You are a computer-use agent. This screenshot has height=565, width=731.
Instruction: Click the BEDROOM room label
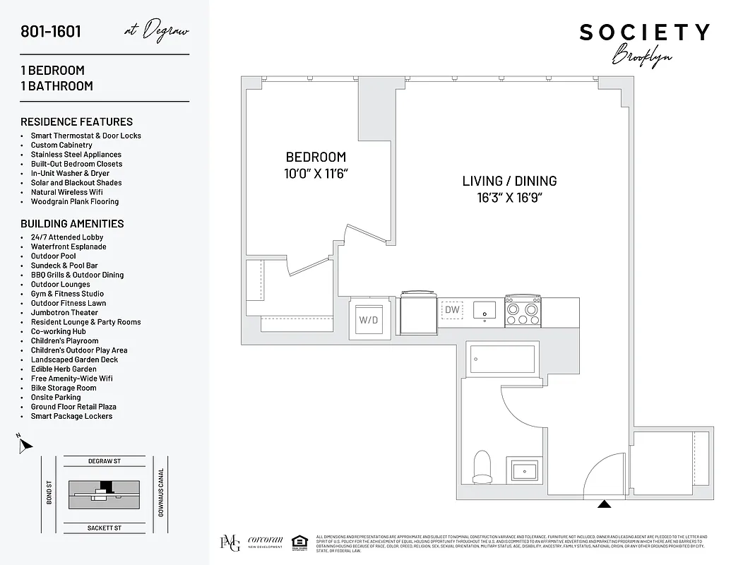316,157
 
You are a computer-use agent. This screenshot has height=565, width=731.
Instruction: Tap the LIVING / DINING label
509,181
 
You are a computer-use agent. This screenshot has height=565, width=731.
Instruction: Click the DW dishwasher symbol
451,309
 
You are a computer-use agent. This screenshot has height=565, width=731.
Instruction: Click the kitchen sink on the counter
485,309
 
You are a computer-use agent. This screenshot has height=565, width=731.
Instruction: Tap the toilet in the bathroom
482,468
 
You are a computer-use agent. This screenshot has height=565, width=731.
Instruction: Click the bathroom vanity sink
524,469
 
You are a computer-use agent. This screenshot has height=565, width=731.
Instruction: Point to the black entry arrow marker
604,504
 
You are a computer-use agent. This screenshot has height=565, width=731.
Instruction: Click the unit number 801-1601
51,32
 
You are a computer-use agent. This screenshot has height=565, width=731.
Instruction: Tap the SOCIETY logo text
644,32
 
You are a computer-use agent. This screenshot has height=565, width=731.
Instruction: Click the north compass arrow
25,445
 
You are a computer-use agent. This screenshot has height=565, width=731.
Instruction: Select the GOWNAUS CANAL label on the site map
161,493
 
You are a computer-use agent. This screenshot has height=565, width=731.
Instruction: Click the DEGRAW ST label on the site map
105,461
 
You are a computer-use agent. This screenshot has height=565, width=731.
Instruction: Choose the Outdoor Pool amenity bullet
53,256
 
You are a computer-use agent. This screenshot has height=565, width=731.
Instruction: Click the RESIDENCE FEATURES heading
76,121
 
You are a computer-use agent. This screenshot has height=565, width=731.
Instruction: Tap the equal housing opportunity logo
299,542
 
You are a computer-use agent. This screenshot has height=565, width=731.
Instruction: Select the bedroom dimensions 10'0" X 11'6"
316,173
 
